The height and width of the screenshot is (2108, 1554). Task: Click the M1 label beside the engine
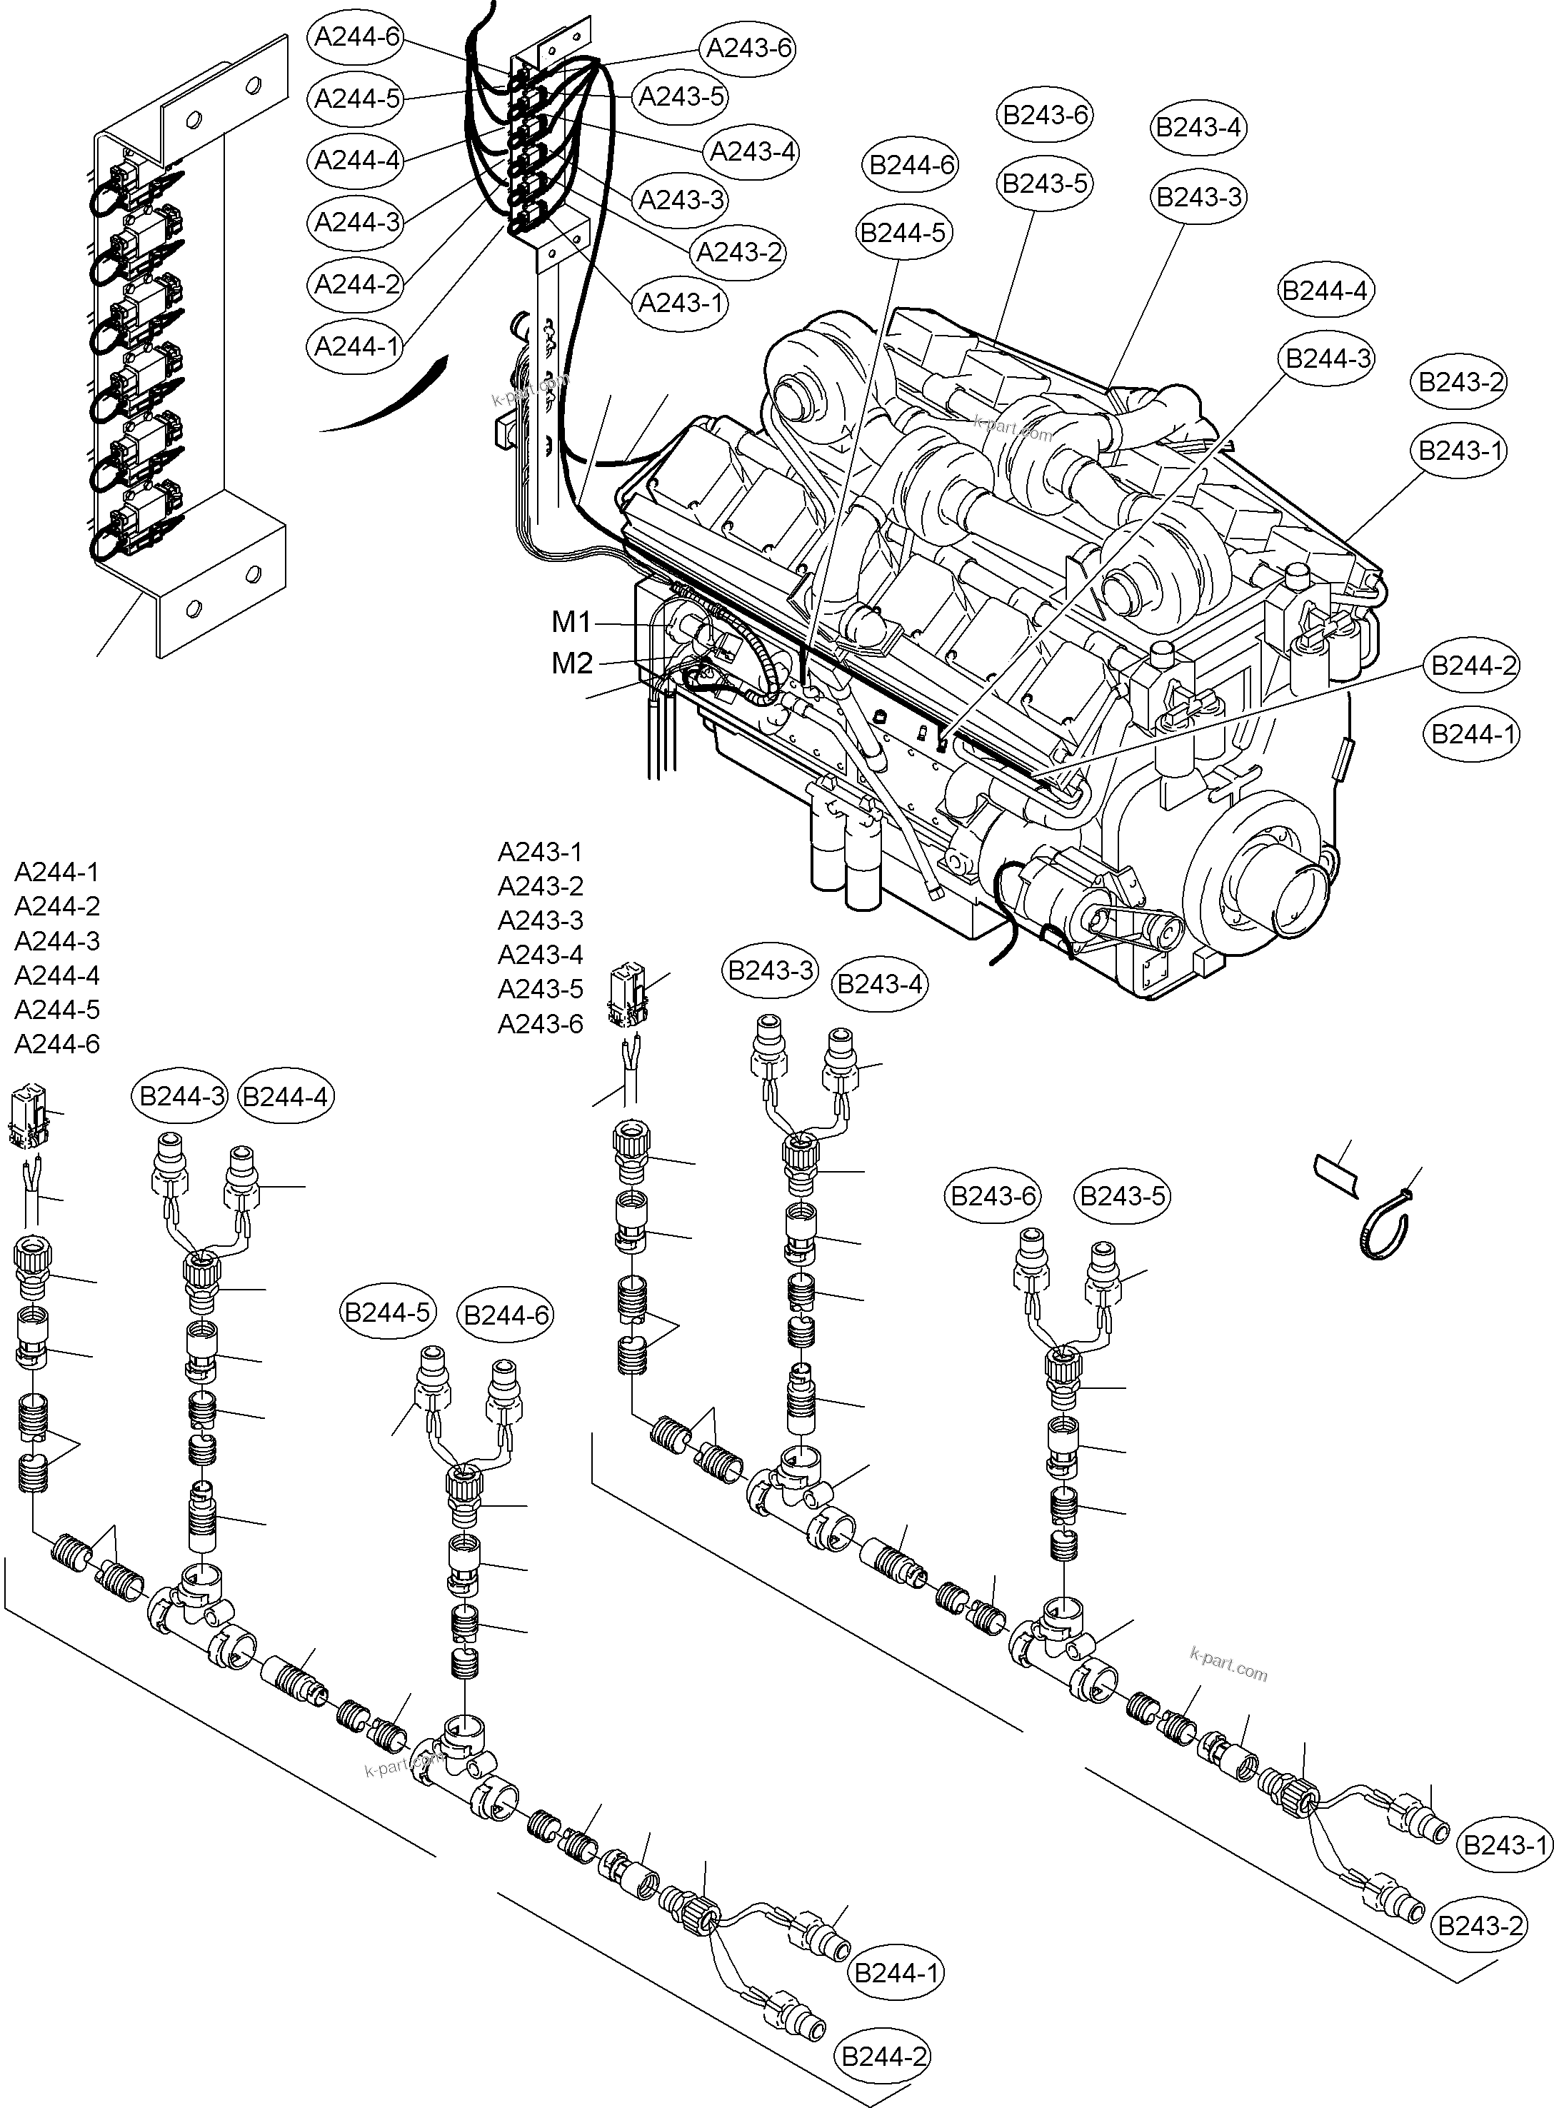[x=571, y=622]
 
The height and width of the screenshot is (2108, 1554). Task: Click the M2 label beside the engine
[x=572, y=663]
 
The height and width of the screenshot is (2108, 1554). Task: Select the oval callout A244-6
[x=358, y=38]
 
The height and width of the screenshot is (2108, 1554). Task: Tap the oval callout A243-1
[x=681, y=303]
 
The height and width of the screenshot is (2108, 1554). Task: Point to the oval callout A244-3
[x=358, y=223]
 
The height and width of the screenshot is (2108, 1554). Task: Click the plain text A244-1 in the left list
[x=56, y=872]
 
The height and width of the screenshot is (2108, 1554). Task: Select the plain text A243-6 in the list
[x=540, y=1023]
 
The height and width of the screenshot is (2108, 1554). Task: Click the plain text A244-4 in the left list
[x=56, y=975]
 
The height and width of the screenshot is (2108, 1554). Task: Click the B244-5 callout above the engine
[x=903, y=232]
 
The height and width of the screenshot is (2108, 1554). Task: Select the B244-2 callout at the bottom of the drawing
[x=883, y=2057]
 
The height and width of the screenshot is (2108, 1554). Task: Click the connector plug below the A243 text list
[x=628, y=993]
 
